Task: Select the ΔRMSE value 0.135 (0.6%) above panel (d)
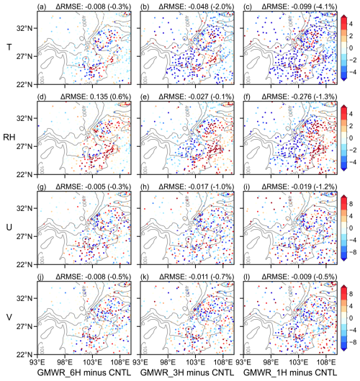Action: click(x=95, y=97)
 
